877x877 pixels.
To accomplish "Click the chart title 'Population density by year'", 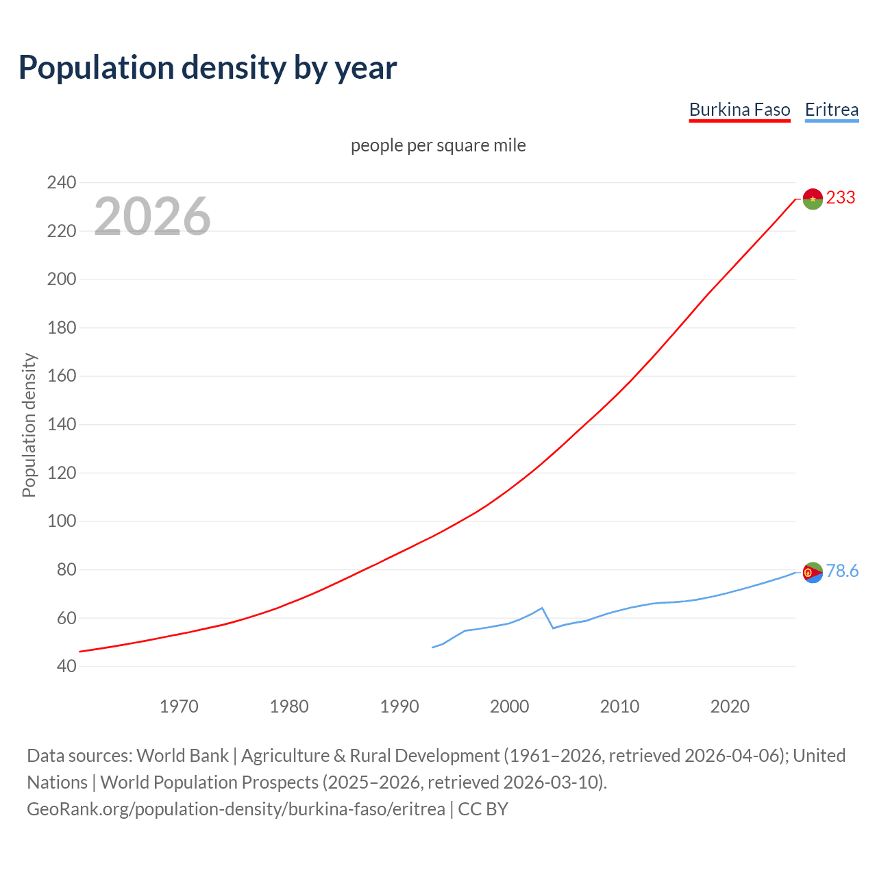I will pyautogui.click(x=208, y=68).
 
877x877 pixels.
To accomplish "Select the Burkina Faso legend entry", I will pyautogui.click(x=739, y=110).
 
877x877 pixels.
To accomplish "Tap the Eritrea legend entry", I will pyautogui.click(x=831, y=110).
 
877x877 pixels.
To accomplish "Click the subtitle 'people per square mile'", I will pyautogui.click(x=438, y=146).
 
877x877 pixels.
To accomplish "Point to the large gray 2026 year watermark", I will pyautogui.click(x=152, y=217).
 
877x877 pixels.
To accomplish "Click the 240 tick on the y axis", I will pyautogui.click(x=61, y=183).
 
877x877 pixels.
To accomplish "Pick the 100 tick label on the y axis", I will pyautogui.click(x=61, y=521).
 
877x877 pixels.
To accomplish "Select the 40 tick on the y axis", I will pyautogui.click(x=66, y=667).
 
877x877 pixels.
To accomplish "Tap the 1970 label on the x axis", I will pyautogui.click(x=179, y=706).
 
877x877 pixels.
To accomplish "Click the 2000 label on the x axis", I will pyautogui.click(x=509, y=706).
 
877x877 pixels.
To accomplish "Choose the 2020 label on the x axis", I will pyautogui.click(x=730, y=706).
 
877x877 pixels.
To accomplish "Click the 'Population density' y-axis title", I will pyautogui.click(x=29, y=425).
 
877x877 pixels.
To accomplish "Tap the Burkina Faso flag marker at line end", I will pyautogui.click(x=813, y=199).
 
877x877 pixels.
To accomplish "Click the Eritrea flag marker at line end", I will pyautogui.click(x=813, y=572).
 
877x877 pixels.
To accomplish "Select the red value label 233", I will pyautogui.click(x=841, y=198).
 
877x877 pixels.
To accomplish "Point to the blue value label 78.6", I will pyautogui.click(x=842, y=571).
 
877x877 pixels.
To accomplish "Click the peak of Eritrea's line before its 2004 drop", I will pyautogui.click(x=542, y=608).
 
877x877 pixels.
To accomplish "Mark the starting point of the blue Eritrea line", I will pyautogui.click(x=432, y=647).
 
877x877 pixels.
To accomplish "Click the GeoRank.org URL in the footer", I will pyautogui.click(x=236, y=809).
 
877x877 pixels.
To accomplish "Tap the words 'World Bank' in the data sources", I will pyautogui.click(x=182, y=756).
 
